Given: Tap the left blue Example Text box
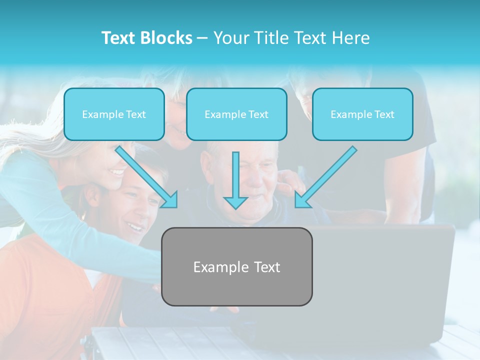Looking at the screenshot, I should point(114,114).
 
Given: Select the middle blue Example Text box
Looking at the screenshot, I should point(236,114).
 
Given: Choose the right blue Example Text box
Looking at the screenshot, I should point(362,114).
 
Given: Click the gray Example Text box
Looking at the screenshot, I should point(236,267).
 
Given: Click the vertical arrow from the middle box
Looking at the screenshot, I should point(235,177).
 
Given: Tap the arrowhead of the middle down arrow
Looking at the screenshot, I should point(235,202).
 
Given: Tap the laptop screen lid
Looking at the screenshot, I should point(385,270).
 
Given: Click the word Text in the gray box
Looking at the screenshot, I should point(267,267).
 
